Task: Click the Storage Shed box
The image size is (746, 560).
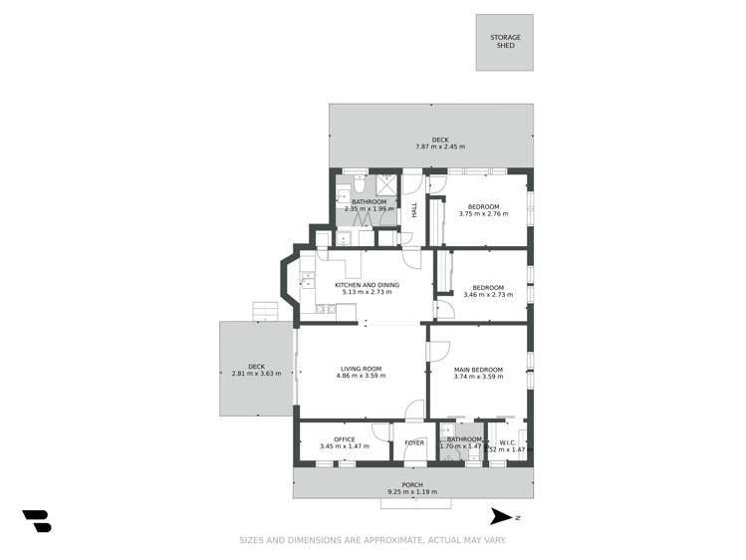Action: pyautogui.click(x=505, y=42)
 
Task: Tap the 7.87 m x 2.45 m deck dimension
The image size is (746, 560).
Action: pyautogui.click(x=440, y=147)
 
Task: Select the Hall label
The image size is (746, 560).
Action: pyautogui.click(x=414, y=210)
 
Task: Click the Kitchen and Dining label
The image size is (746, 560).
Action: pyautogui.click(x=370, y=285)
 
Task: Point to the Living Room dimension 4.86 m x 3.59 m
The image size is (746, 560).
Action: pyautogui.click(x=359, y=376)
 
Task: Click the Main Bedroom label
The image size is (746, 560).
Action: pyautogui.click(x=478, y=370)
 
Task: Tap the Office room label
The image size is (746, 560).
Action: pyautogui.click(x=345, y=439)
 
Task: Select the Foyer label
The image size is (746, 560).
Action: pyautogui.click(x=414, y=442)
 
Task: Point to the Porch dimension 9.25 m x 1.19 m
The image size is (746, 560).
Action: pyautogui.click(x=412, y=492)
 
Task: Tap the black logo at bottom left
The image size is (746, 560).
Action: pyautogui.click(x=37, y=520)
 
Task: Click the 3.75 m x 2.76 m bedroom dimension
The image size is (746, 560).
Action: pyautogui.click(x=483, y=213)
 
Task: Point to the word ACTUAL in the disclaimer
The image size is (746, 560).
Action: pyautogui.click(x=447, y=541)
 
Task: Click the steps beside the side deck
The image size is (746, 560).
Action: pyautogui.click(x=265, y=311)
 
